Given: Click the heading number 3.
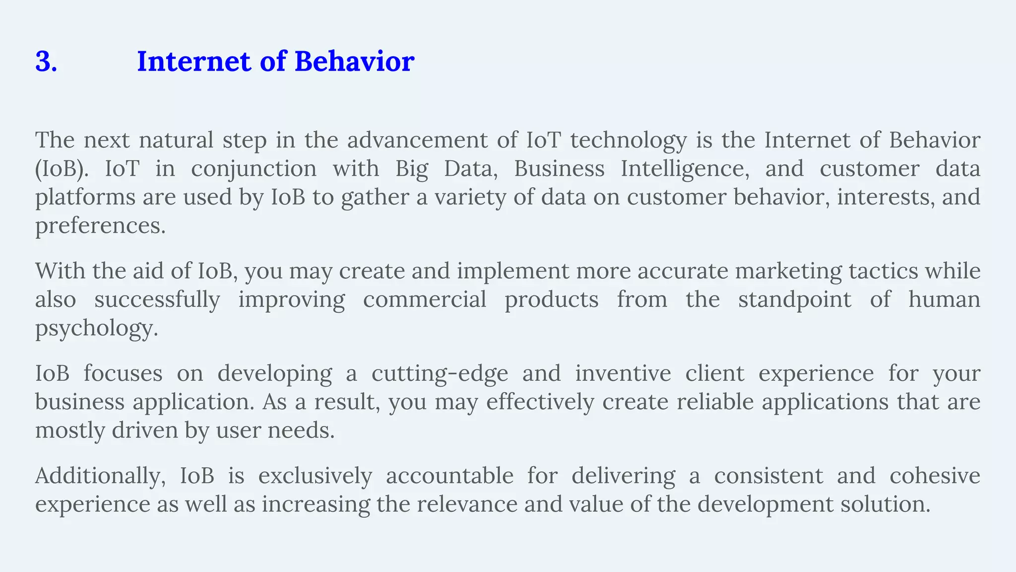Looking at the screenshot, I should coord(46,62).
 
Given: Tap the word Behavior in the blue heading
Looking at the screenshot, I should coord(354,62).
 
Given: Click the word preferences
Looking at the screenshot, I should coord(100,226).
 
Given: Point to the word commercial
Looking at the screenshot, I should coord(425,300).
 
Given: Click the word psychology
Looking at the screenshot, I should coord(96,329).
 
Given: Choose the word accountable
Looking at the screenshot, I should coord(449,476).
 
